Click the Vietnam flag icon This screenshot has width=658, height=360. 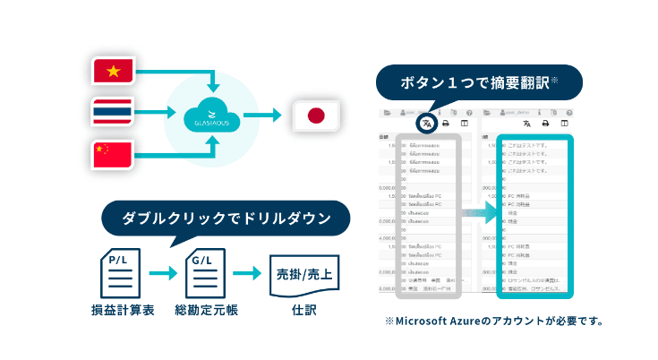tap(113, 73)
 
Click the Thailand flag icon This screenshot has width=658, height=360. tap(113, 113)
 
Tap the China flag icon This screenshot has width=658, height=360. tap(113, 153)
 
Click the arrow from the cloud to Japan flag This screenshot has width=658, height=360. tap(262, 115)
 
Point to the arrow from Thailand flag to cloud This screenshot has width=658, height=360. tap(154, 113)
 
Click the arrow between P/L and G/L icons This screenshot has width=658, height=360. tap(162, 272)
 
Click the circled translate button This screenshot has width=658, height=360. tap(427, 123)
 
